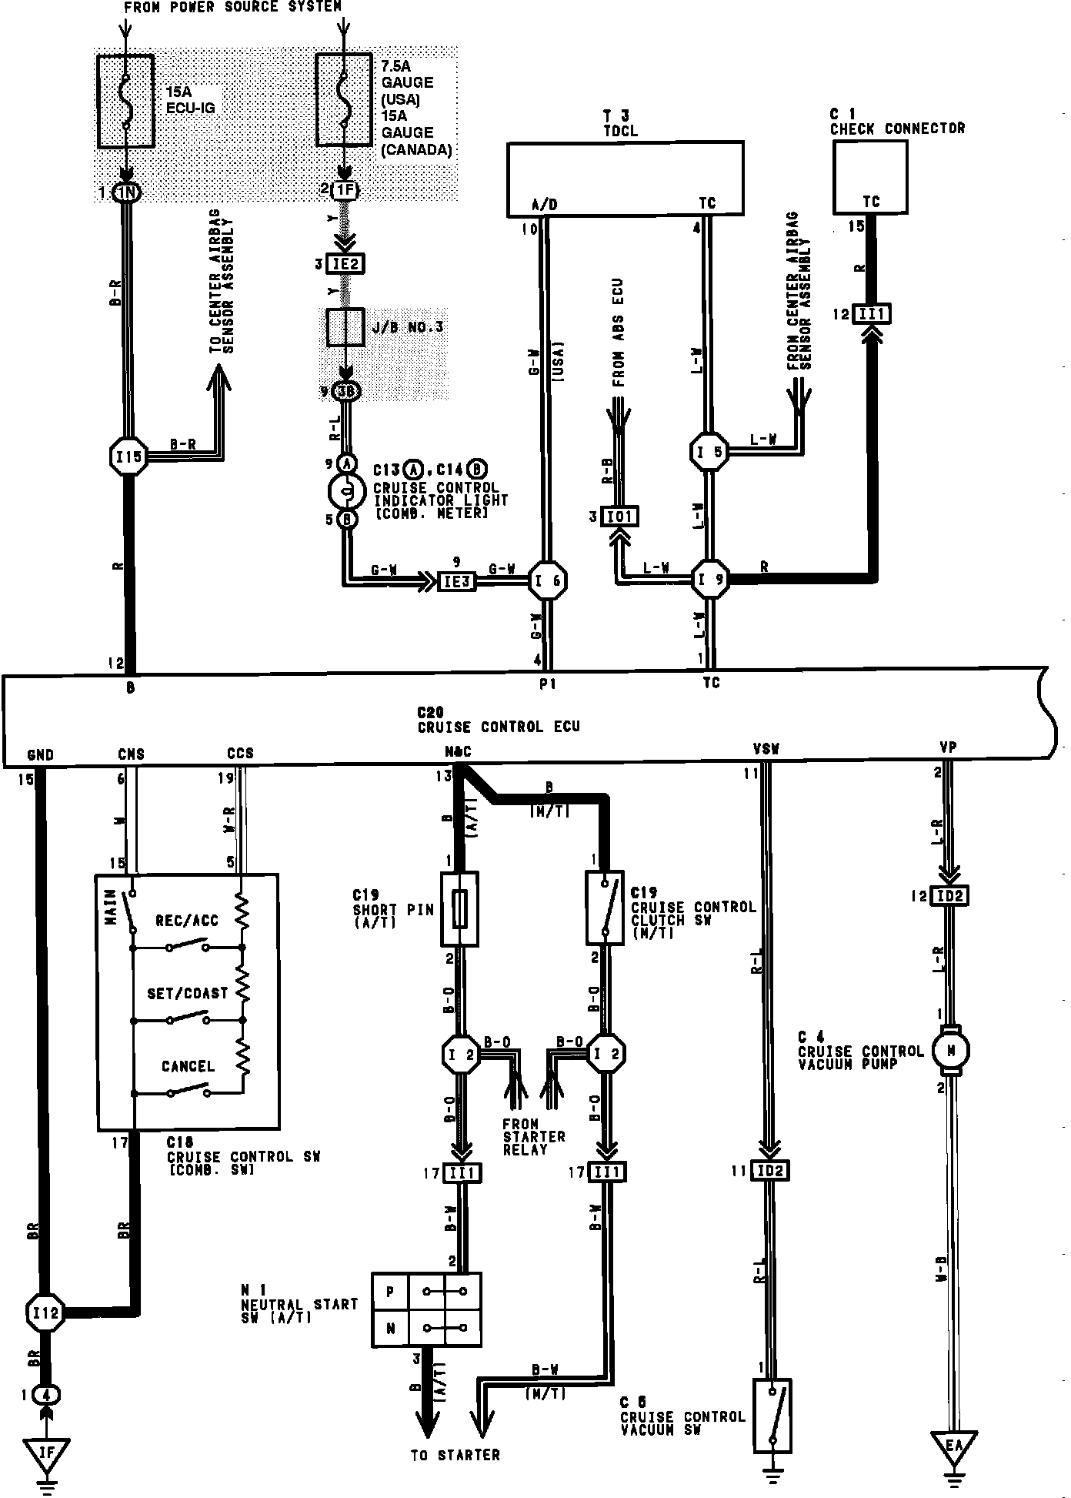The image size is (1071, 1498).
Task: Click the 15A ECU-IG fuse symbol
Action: tap(126, 101)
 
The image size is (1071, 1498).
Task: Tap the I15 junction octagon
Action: tap(128, 456)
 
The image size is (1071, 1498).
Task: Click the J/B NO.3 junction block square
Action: tap(345, 328)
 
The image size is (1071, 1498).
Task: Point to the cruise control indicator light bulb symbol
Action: tap(346, 489)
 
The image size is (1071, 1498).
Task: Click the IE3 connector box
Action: tap(457, 581)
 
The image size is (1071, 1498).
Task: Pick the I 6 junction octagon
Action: tap(547, 581)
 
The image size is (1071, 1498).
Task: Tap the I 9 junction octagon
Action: tap(710, 581)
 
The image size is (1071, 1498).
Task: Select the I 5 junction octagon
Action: tap(709, 452)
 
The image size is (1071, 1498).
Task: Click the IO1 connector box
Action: tap(619, 517)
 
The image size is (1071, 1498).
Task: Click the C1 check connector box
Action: tap(869, 177)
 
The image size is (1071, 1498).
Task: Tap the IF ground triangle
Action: tap(46, 1451)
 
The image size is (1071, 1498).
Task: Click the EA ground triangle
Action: tap(953, 1446)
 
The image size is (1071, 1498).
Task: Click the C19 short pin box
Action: tap(459, 908)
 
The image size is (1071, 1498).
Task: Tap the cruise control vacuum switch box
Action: tap(772, 1416)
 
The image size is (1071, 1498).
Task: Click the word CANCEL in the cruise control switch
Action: tap(188, 1066)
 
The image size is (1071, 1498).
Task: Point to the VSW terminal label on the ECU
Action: tap(765, 747)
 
